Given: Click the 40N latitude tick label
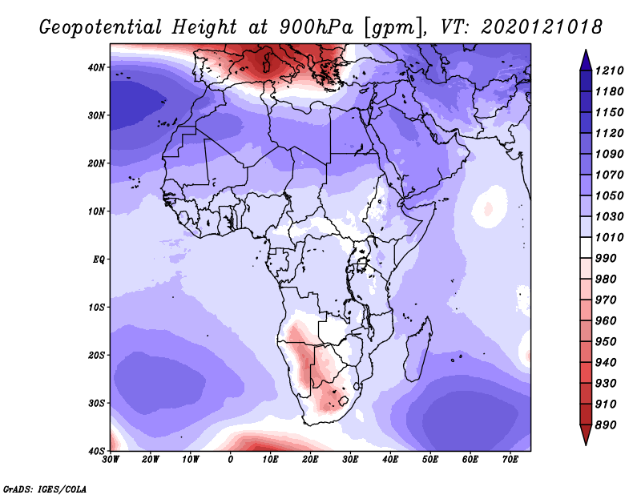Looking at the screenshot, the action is click(96, 67).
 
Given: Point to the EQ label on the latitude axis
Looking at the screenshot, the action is click(99, 260).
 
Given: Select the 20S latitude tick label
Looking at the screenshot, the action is click(96, 355).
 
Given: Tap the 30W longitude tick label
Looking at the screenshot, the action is click(111, 460).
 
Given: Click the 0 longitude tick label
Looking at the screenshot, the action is click(231, 460).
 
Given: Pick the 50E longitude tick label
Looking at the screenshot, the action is click(430, 460).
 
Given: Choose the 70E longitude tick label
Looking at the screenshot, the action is click(510, 460).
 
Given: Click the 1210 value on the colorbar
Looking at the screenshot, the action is click(609, 70).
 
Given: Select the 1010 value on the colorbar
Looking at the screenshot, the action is click(609, 237).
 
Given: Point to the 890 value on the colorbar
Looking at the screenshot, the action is click(605, 425).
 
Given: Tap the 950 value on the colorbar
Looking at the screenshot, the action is click(605, 342).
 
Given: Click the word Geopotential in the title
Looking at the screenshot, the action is click(101, 27).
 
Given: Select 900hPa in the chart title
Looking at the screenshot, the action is click(316, 27).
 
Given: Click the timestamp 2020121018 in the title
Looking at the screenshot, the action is click(542, 27).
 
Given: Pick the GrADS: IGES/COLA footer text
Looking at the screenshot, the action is click(45, 489).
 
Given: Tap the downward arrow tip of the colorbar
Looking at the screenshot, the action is click(586, 445).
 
